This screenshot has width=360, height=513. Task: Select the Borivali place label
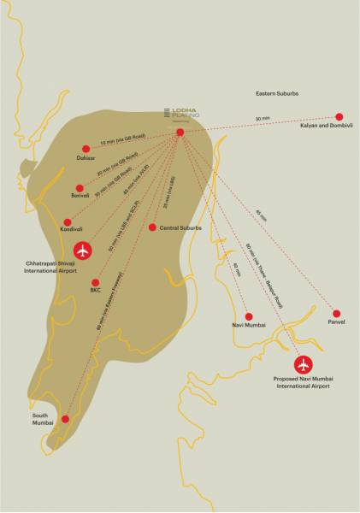click(x=80, y=198)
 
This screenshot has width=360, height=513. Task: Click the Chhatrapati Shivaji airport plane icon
click(x=82, y=251)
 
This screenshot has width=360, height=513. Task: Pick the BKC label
click(x=95, y=291)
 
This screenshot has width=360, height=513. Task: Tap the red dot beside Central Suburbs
click(x=152, y=227)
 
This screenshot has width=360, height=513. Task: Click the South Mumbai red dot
click(x=65, y=419)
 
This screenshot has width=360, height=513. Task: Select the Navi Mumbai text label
click(x=248, y=327)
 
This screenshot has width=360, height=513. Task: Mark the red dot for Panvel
click(x=336, y=314)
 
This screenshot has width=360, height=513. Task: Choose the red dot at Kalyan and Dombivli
click(x=339, y=116)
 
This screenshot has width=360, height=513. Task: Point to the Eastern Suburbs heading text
click(x=282, y=91)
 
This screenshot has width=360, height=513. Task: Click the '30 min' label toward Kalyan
click(x=262, y=119)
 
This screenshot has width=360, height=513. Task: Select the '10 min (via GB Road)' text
click(x=124, y=139)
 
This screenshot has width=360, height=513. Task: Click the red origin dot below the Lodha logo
click(x=180, y=133)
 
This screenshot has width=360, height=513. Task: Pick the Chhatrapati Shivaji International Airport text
click(x=82, y=269)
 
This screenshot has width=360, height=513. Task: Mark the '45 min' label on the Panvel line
click(x=260, y=211)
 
